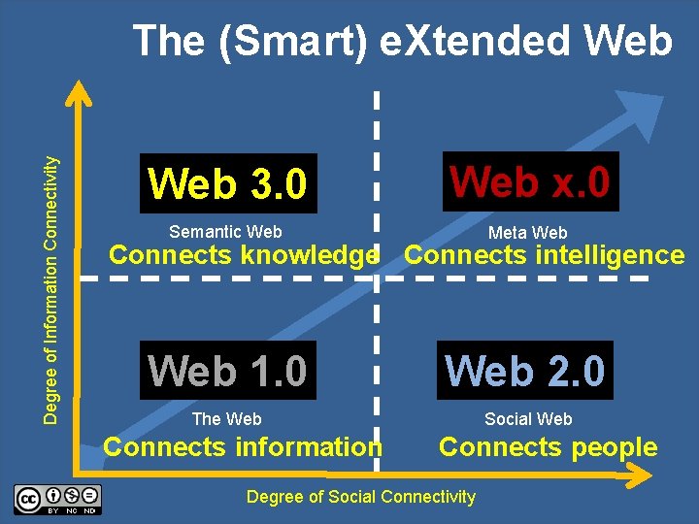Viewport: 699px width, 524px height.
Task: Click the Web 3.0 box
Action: (227, 183)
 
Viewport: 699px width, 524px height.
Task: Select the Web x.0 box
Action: (530, 181)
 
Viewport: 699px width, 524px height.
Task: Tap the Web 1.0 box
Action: (227, 371)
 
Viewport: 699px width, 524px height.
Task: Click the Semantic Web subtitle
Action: (225, 232)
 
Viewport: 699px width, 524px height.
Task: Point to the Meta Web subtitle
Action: (527, 233)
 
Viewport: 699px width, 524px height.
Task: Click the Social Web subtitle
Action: (528, 419)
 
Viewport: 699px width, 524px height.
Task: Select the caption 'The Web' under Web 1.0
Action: (226, 419)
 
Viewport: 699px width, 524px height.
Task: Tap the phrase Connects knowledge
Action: (243, 256)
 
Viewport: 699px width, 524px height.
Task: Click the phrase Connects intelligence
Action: (544, 256)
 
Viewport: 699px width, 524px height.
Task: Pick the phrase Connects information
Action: (243, 447)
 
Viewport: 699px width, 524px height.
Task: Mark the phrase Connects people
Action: (548, 447)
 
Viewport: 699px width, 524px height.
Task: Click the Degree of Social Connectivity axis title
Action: (361, 497)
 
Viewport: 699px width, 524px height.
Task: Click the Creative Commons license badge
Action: (57, 499)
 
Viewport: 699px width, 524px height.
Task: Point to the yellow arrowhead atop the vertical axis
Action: (78, 93)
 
